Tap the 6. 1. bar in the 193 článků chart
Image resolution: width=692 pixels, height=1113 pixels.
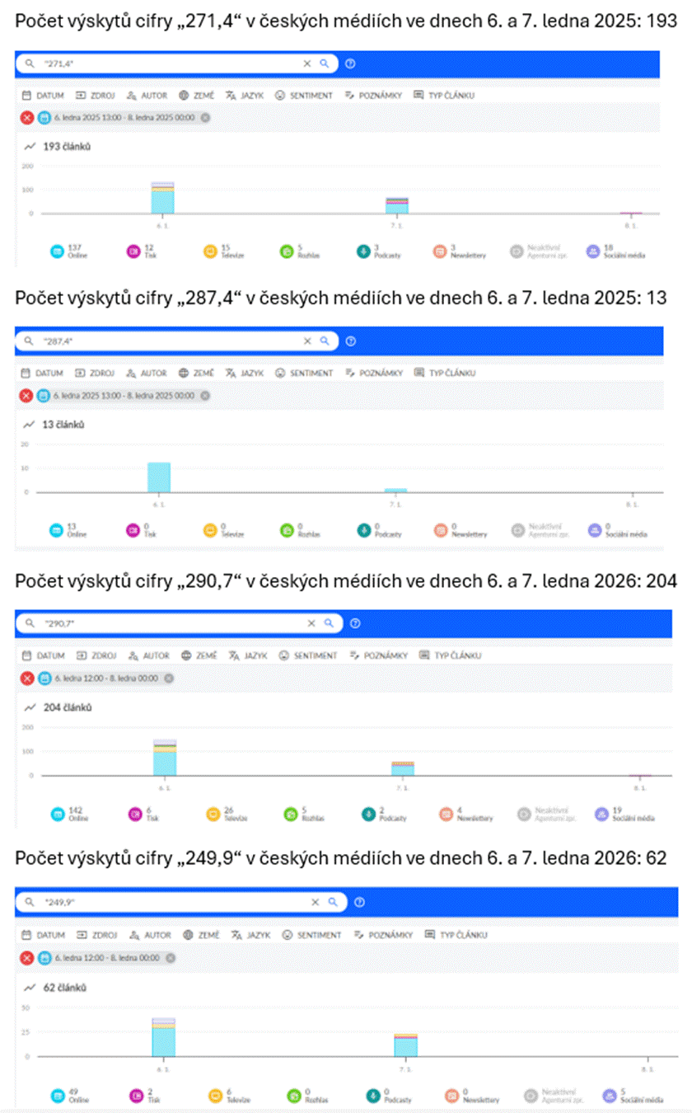click(162, 198)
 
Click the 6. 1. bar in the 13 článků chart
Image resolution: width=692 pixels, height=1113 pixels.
click(159, 477)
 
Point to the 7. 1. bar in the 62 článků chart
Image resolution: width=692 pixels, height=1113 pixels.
click(405, 1045)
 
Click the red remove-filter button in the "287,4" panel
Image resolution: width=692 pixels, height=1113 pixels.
click(27, 396)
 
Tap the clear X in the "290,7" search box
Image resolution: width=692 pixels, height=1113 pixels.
click(311, 623)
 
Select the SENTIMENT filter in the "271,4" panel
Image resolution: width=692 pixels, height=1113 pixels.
click(304, 96)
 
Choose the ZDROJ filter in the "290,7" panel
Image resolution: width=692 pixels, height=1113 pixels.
click(96, 655)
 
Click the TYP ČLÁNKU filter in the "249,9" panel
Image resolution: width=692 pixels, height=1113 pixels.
click(456, 935)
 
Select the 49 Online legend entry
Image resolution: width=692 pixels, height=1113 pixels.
click(70, 1096)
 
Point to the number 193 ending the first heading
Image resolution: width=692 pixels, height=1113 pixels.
click(662, 20)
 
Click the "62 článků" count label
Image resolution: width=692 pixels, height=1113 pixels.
click(65, 987)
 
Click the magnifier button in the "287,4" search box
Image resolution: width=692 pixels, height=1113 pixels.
click(325, 340)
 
